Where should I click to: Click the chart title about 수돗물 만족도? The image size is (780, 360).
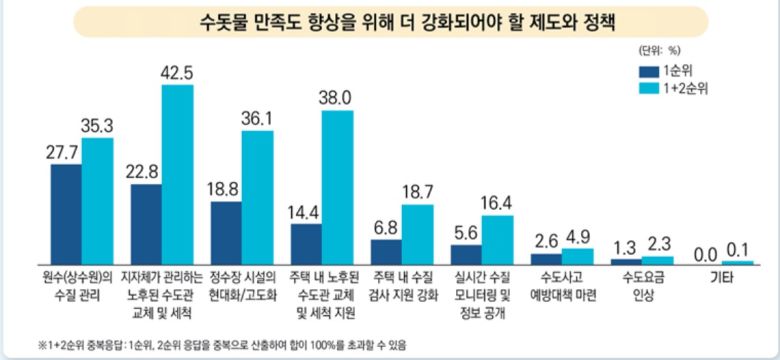(390, 20)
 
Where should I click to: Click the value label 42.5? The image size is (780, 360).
(177, 72)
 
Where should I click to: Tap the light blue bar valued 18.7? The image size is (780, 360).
(417, 232)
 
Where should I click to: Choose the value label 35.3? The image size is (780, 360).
(98, 125)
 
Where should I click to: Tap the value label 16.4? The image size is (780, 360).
(497, 203)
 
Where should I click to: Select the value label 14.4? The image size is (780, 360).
(304, 211)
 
